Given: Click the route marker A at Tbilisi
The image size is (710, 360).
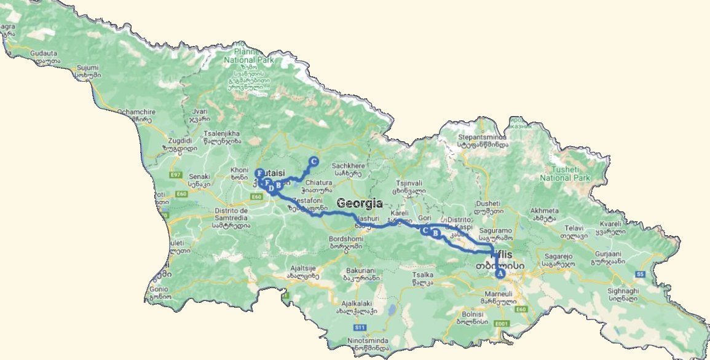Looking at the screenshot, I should (500, 273).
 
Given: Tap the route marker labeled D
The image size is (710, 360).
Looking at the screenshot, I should (271, 189).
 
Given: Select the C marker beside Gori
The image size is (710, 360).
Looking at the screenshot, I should (425, 230).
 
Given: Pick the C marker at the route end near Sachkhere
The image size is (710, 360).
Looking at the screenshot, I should (313, 162).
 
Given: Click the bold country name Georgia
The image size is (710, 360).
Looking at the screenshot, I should (360, 203).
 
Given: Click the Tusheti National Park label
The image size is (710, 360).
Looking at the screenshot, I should (564, 174).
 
